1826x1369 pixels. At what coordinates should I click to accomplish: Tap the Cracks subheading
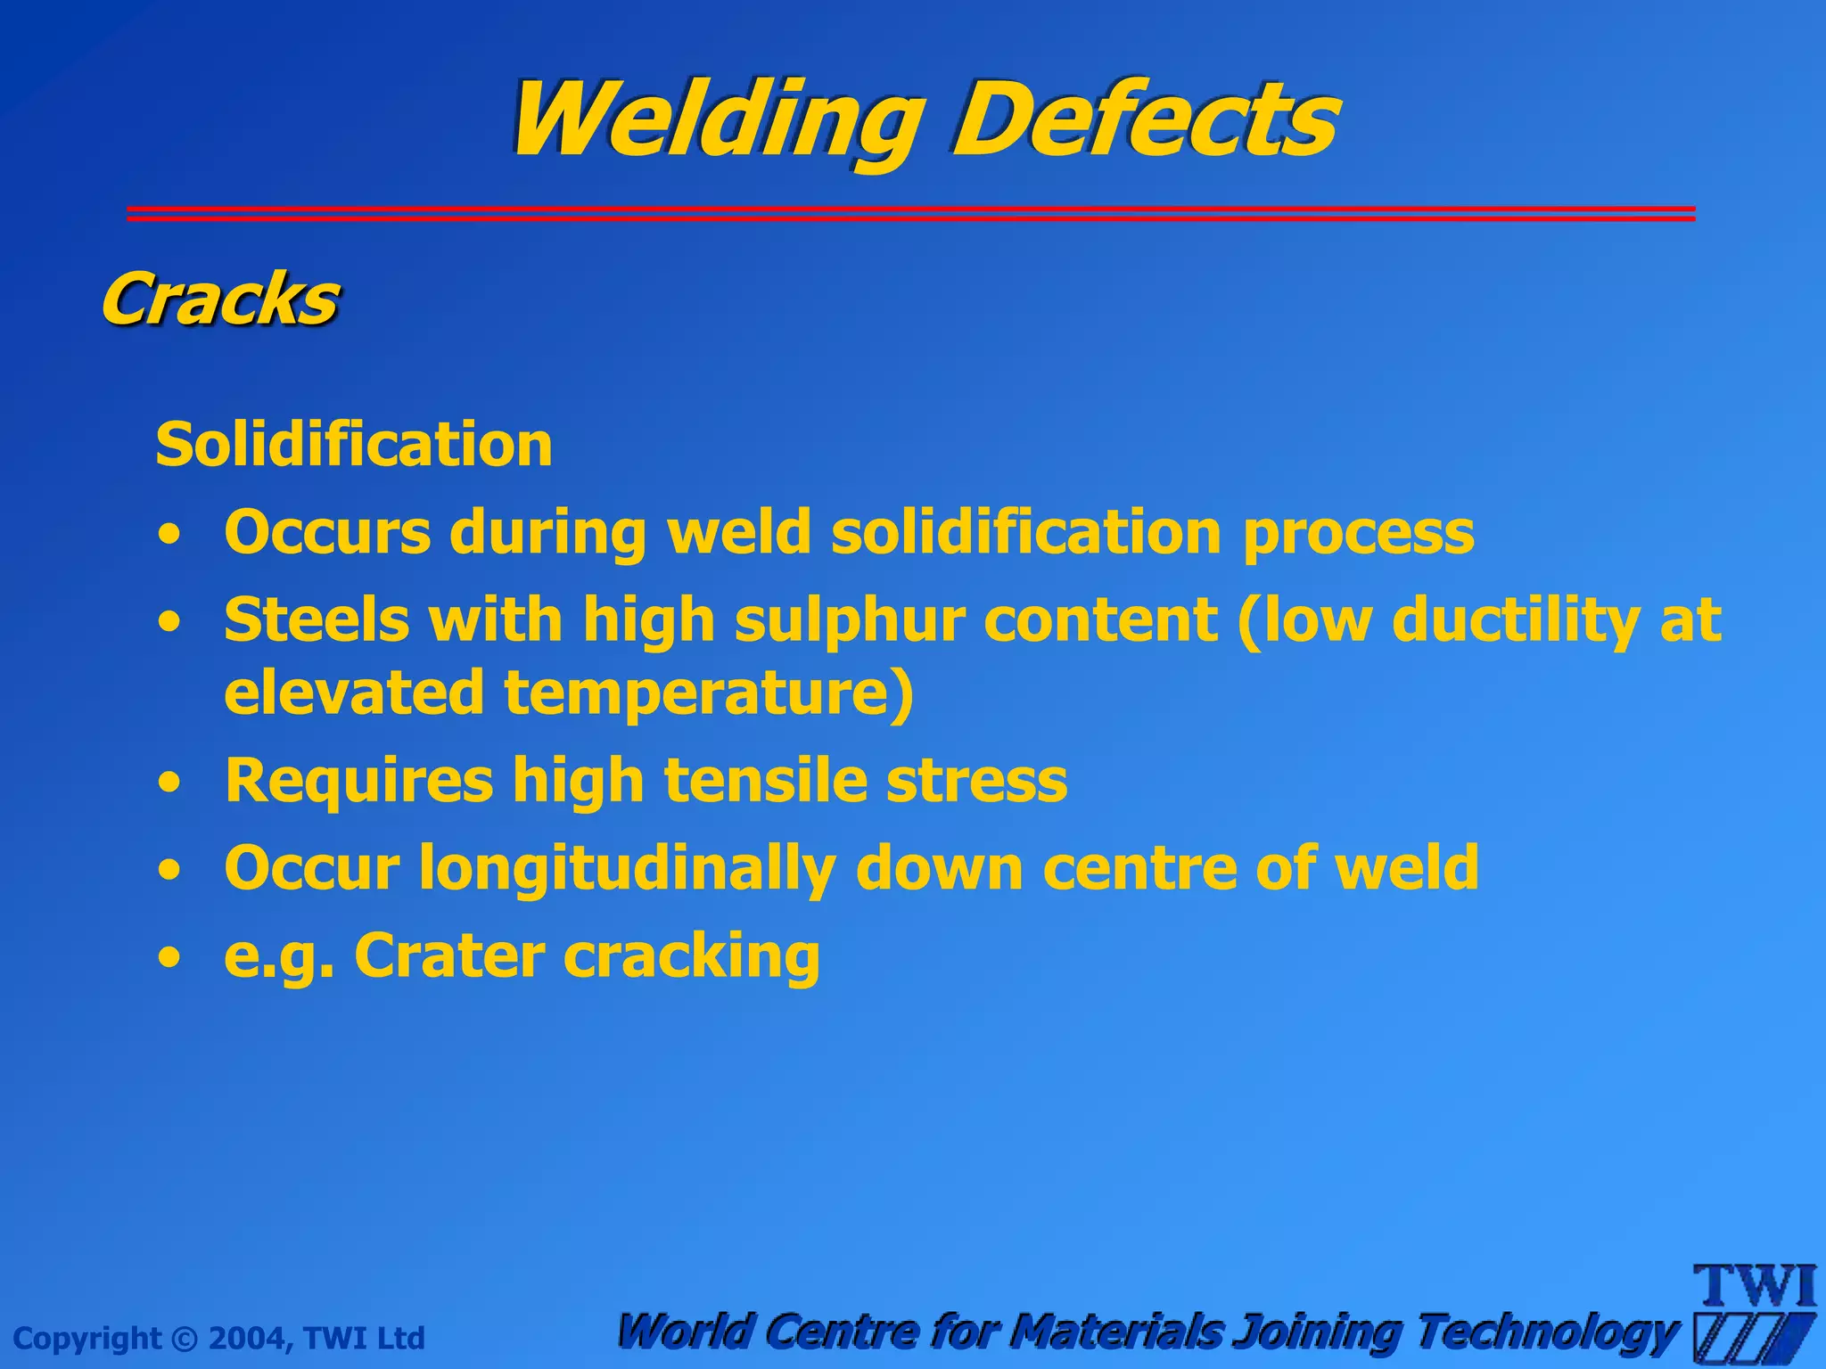click(219, 299)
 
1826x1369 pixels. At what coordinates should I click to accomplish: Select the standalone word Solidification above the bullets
click(354, 444)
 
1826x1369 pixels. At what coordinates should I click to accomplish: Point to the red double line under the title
click(910, 213)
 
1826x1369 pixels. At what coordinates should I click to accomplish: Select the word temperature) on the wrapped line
click(709, 693)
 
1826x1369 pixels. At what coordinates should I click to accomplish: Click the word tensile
click(765, 780)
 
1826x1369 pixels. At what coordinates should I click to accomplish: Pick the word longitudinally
click(627, 867)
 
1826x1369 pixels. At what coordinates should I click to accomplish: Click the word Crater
click(449, 955)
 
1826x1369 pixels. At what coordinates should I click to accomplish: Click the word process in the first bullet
click(1358, 533)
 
